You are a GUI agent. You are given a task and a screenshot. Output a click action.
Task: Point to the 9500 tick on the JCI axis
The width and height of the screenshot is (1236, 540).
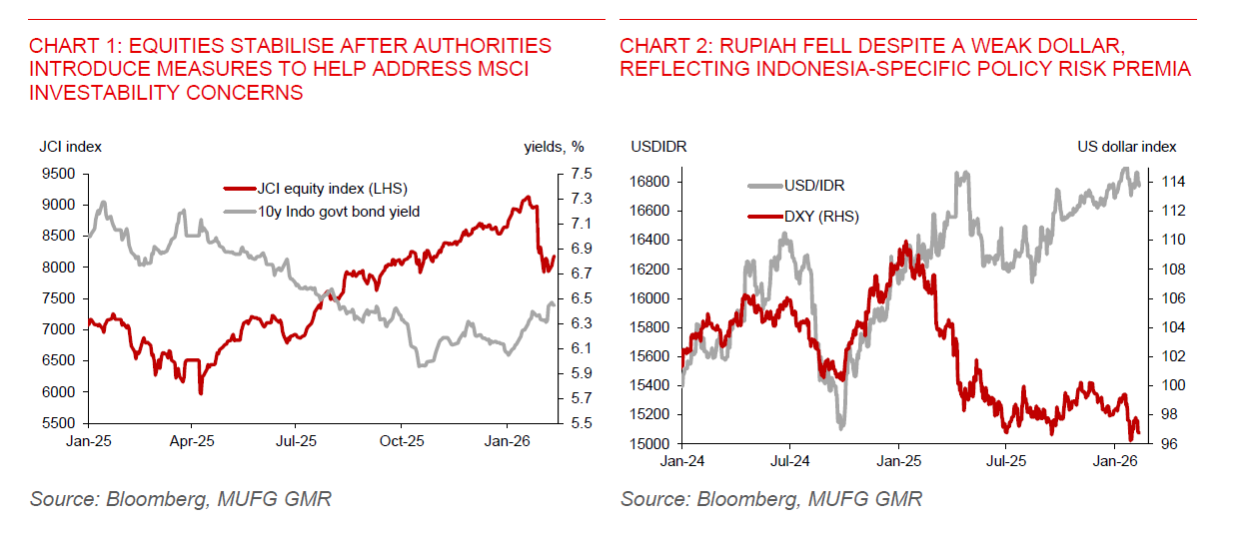point(59,174)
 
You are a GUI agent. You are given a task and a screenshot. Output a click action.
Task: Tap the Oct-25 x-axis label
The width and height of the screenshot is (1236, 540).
point(400,440)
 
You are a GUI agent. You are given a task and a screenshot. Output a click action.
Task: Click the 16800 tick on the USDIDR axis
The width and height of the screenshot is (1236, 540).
point(650,182)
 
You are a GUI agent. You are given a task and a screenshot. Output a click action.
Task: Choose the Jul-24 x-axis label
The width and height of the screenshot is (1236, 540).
point(789,461)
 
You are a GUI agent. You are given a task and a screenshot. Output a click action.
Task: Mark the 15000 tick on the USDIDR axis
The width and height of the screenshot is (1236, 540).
point(650,443)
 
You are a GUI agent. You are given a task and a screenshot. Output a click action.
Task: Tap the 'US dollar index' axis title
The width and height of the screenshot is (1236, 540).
point(1126,147)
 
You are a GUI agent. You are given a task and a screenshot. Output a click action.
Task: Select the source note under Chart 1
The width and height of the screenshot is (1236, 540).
point(180,498)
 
